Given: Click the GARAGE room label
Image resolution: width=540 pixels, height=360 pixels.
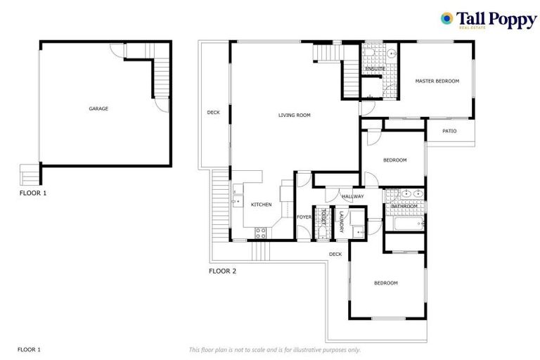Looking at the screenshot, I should [98, 109].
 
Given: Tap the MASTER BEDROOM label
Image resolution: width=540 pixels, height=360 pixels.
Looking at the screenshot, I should [437, 82].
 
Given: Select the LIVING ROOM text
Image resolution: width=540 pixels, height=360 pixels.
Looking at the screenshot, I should [294, 115].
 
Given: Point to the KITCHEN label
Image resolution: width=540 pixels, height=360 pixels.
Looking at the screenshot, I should [262, 205].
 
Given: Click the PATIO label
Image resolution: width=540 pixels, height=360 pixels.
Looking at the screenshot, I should [450, 131].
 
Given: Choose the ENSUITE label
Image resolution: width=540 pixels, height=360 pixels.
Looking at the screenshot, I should [375, 69].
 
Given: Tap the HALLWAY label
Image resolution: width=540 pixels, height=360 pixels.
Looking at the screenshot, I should [353, 197].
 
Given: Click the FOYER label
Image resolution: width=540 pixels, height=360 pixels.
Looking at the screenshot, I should [304, 217].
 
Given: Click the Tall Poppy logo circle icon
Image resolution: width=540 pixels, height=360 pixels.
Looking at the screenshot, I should [446, 18].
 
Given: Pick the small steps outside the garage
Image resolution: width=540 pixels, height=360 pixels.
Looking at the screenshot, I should [30, 173].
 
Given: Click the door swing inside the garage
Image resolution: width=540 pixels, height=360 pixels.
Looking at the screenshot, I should [162, 104].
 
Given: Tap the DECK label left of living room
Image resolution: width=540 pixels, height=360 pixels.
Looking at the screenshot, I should [213, 112].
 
